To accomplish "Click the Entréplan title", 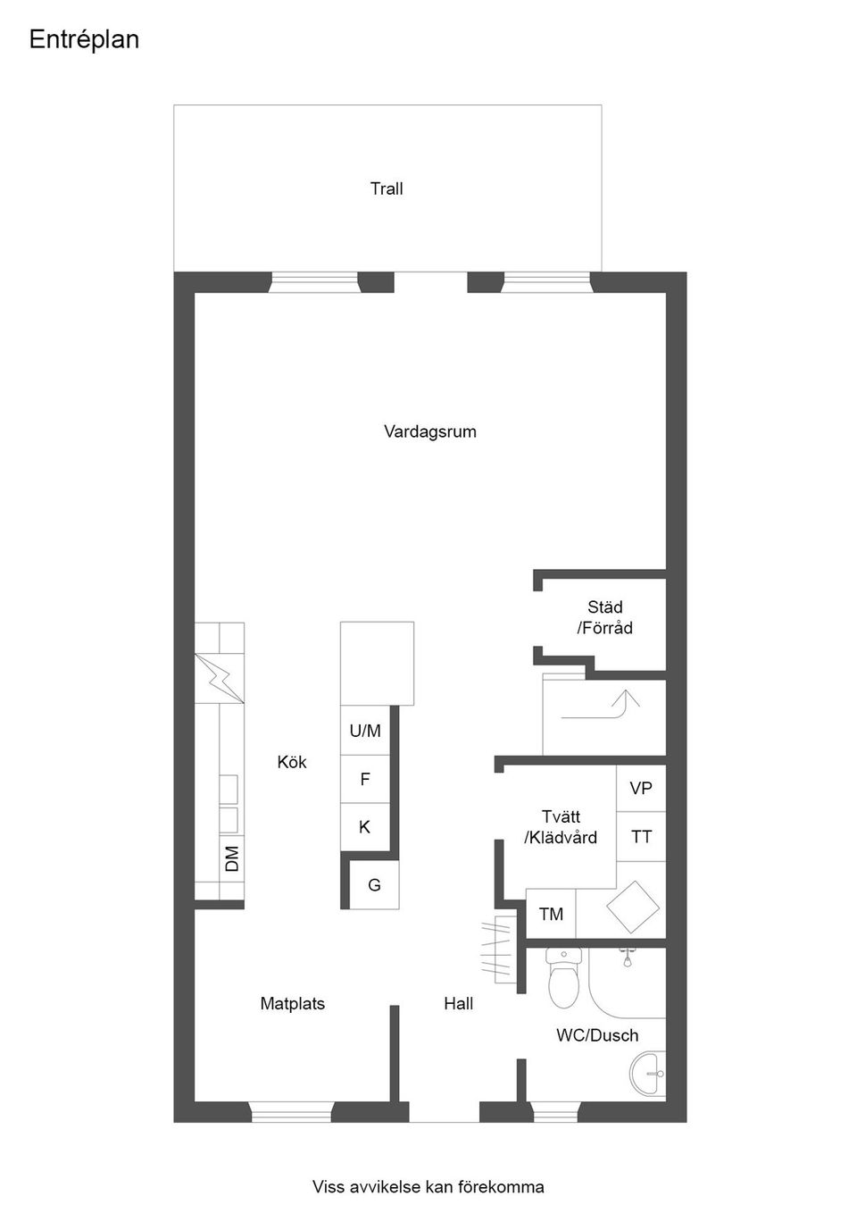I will tap(84, 40).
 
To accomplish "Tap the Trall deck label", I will tap(387, 188).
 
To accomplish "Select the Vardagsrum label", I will tap(429, 431).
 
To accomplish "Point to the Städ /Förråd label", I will tap(604, 618).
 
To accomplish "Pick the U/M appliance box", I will tap(365, 731).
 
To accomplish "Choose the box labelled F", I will tap(365, 779).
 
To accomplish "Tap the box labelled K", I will tap(365, 827).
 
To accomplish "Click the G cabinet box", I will tap(374, 884).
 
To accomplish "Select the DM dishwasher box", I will tap(231, 858).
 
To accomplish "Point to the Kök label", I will tap(292, 762).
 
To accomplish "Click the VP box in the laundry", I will tap(641, 788).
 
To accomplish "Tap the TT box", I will tap(641, 837).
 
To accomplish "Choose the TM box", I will tap(551, 914).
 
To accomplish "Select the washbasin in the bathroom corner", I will tap(650, 1073).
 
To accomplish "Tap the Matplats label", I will tap(292, 1004).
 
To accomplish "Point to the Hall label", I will tap(458, 1004).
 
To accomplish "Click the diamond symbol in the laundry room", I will tap(631, 907).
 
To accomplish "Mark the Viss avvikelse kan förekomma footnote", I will tap(428, 1187).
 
